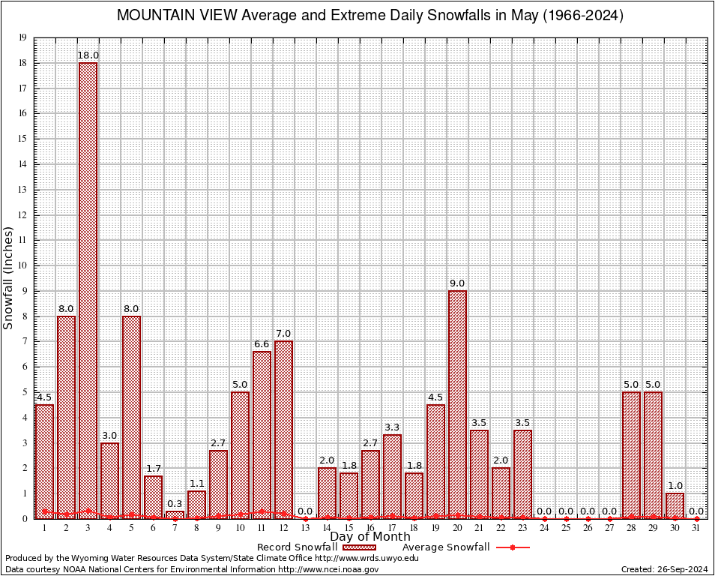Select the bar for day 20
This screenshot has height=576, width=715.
pyautogui.click(x=457, y=404)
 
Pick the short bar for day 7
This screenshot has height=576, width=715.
pyautogui.click(x=175, y=514)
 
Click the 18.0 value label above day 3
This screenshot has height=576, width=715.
pyautogui.click(x=88, y=55)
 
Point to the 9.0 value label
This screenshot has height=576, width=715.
pyautogui.click(x=457, y=283)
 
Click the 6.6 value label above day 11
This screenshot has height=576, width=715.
pyautogui.click(x=262, y=344)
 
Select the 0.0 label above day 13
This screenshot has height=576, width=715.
pyautogui.click(x=305, y=511)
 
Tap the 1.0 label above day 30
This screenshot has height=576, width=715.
pyautogui.click(x=675, y=486)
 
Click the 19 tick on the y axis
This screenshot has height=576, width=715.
pyautogui.click(x=22, y=37)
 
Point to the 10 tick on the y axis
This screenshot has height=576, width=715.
pyautogui.click(x=22, y=265)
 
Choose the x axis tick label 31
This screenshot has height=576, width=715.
pyautogui.click(x=696, y=528)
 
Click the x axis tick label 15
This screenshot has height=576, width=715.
pyautogui.click(x=349, y=528)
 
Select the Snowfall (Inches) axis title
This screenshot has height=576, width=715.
pyautogui.click(x=9, y=278)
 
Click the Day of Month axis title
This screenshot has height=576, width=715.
pyautogui.click(x=370, y=537)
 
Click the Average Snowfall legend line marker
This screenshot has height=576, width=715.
pyautogui.click(x=513, y=547)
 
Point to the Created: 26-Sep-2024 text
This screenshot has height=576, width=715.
pyautogui.click(x=663, y=569)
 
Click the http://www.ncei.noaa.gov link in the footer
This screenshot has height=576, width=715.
pyautogui.click(x=328, y=569)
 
